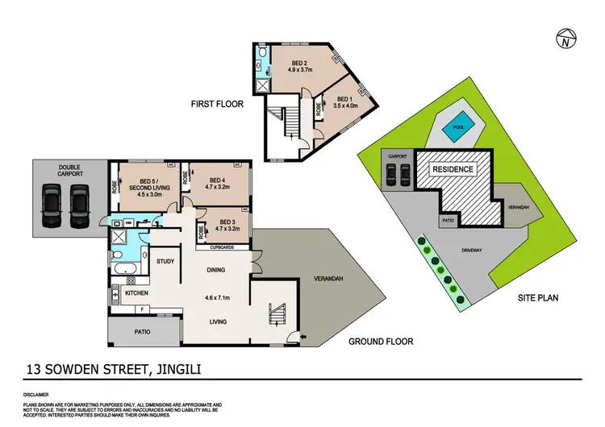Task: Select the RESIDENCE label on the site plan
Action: click(453, 170)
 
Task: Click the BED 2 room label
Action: click(298, 65)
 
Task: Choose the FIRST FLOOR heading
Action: click(217, 104)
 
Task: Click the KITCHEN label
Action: click(136, 292)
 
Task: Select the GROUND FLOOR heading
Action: click(381, 342)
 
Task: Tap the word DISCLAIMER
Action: click(38, 396)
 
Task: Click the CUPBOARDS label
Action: click(219, 247)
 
